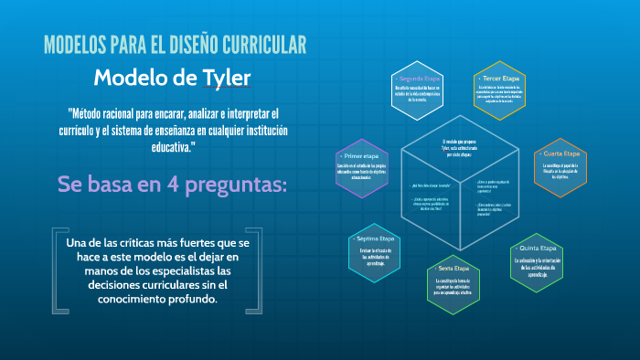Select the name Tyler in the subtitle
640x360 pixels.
click(223, 78)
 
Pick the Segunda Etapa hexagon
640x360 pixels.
click(420, 93)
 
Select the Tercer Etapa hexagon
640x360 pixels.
click(499, 93)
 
